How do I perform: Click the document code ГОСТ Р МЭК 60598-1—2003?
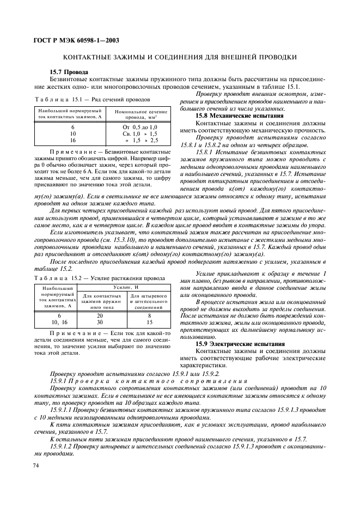pyautogui.click(x=77, y=40)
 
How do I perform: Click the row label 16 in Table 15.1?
pyautogui.click(x=73, y=140)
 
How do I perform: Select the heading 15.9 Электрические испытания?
pyautogui.click(x=240, y=344)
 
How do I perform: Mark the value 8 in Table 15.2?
pyautogui.click(x=149, y=315)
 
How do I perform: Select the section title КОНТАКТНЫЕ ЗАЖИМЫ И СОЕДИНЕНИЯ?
pyautogui.click(x=180, y=57)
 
